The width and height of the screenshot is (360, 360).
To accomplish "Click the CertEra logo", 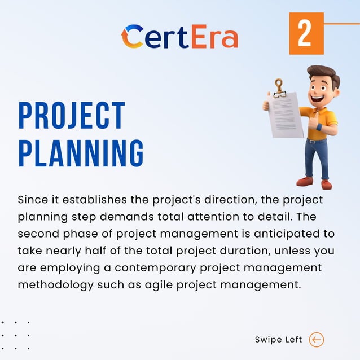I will coord(179,36).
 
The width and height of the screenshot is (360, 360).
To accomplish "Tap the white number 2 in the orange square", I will coord(305,34).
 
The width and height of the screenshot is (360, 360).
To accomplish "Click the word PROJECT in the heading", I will coord(71,116).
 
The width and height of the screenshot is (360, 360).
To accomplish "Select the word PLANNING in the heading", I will coord(81,152).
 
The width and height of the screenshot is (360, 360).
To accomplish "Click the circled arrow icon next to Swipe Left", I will coord(317,340).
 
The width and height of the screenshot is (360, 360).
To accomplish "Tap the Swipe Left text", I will coord(279,340).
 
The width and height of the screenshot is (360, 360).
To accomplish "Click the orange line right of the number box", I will coord(342,24).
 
